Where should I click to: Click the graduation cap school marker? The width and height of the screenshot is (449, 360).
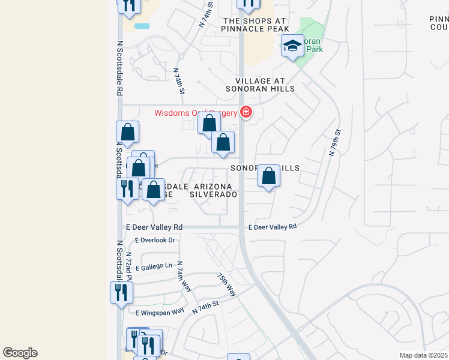[292, 46]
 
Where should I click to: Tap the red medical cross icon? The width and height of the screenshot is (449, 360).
[246, 112]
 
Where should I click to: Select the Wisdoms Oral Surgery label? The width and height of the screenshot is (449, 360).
[196, 113]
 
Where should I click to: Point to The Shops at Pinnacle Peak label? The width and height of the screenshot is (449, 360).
[256, 25]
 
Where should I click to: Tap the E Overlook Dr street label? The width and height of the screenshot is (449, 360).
[155, 240]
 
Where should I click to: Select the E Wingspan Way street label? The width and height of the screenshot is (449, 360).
[160, 313]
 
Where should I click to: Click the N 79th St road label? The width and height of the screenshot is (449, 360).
[335, 143]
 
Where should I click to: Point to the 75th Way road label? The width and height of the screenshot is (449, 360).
[226, 284]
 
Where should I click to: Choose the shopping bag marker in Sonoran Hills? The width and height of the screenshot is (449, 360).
[269, 176]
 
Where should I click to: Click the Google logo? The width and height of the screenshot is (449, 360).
[20, 353]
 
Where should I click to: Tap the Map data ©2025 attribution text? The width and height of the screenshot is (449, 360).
[423, 355]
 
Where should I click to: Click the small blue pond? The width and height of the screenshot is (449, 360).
[142, 26]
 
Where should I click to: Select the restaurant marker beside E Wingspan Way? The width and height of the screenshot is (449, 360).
[121, 293]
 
